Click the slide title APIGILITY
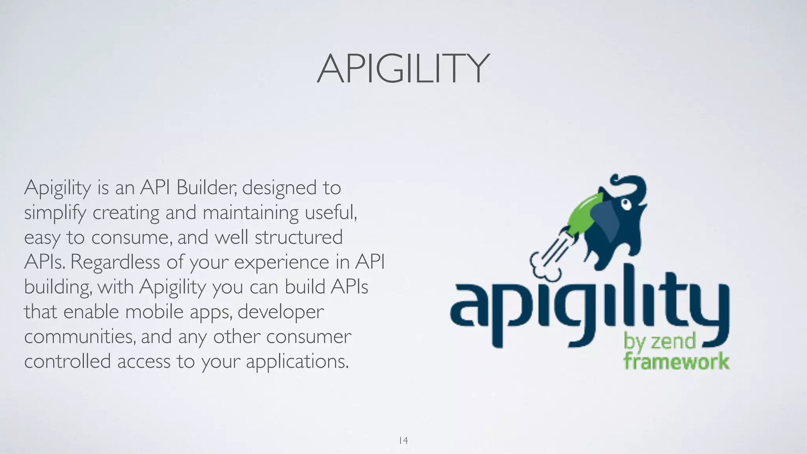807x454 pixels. point(403,69)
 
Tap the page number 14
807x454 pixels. point(403,440)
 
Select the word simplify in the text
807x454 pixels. point(55,213)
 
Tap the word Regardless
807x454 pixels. point(115,262)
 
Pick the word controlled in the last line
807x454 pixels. point(67,361)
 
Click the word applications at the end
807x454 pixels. point(298,362)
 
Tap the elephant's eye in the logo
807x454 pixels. point(626,204)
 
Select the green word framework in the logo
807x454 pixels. point(676,361)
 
